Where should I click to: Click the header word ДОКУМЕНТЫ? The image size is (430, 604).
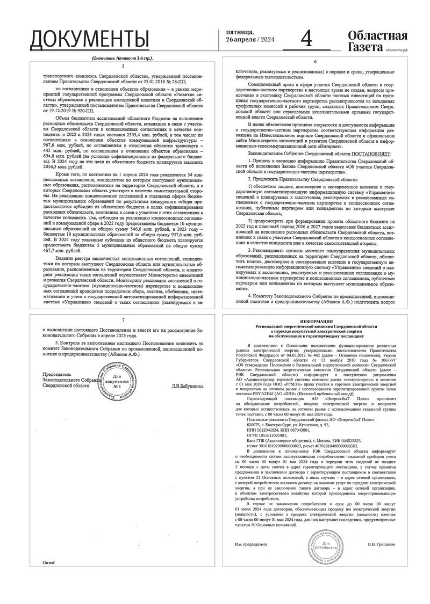tap(89, 39)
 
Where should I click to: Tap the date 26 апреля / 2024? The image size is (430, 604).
tap(250, 40)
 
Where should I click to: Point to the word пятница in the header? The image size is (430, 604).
tap(240, 32)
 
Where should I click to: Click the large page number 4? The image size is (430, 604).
tap(306, 39)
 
